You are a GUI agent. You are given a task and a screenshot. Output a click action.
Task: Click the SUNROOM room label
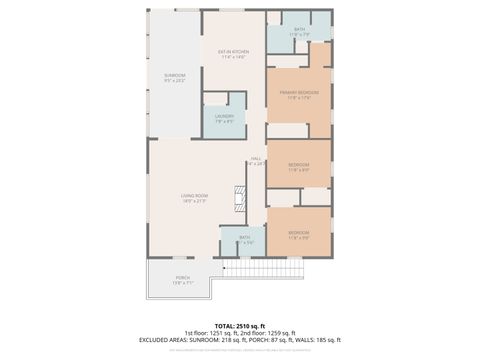[175, 75]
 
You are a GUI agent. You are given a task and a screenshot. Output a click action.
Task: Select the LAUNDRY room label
[224, 116]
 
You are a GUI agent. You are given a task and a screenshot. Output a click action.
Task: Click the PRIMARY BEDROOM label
[298, 92]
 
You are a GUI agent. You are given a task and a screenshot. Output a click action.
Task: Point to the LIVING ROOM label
[194, 195]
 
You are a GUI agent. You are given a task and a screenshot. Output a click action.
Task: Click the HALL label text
[256, 158]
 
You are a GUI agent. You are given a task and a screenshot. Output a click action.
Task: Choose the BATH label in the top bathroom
[300, 29]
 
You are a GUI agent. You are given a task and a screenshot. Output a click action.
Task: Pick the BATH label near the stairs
[244, 237]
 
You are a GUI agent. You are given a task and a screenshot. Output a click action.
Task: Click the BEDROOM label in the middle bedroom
[298, 164]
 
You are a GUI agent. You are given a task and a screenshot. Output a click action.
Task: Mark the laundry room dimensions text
[224, 122]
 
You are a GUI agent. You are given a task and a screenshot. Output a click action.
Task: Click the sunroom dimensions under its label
[175, 81]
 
